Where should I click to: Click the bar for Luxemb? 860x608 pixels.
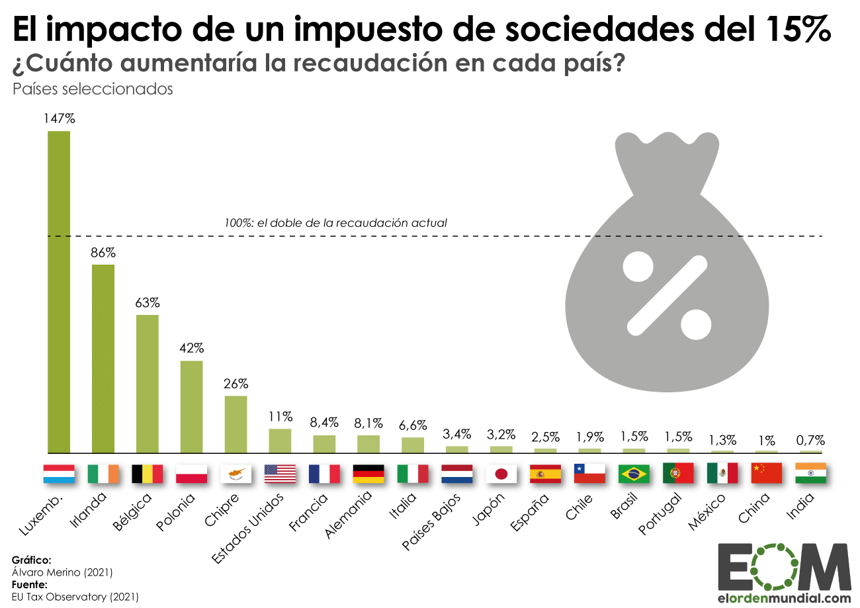click(x=59, y=291)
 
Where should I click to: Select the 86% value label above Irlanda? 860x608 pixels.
click(x=103, y=252)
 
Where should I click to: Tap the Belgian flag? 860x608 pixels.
click(x=147, y=474)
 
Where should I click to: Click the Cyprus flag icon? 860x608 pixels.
click(x=236, y=474)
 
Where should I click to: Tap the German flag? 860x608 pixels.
click(x=368, y=474)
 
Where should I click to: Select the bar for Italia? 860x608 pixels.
click(x=413, y=445)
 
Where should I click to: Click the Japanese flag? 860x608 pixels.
click(x=501, y=474)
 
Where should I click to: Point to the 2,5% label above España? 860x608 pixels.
click(x=545, y=437)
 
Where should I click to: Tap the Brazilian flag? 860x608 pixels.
click(x=634, y=474)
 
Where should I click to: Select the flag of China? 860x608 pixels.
click(x=766, y=474)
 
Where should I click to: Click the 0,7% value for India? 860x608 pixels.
click(x=810, y=440)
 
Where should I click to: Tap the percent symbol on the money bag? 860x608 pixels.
click(x=667, y=294)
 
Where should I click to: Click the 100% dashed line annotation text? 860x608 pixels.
click(x=336, y=223)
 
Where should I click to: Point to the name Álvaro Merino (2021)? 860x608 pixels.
click(x=62, y=572)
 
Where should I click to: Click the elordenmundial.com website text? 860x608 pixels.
click(x=783, y=598)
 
